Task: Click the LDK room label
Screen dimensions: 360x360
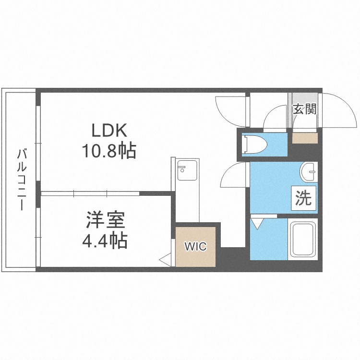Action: (109, 130)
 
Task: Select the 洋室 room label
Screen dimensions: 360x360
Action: (106, 220)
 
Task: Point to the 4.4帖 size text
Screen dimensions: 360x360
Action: (106, 240)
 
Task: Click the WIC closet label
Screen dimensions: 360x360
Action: (196, 247)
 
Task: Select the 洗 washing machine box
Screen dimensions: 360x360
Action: (303, 198)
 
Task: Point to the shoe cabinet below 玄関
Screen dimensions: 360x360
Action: (305, 137)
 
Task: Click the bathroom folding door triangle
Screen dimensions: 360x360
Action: (257, 222)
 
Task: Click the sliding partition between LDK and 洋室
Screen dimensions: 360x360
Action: (91, 193)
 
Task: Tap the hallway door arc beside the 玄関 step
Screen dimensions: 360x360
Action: (276, 117)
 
